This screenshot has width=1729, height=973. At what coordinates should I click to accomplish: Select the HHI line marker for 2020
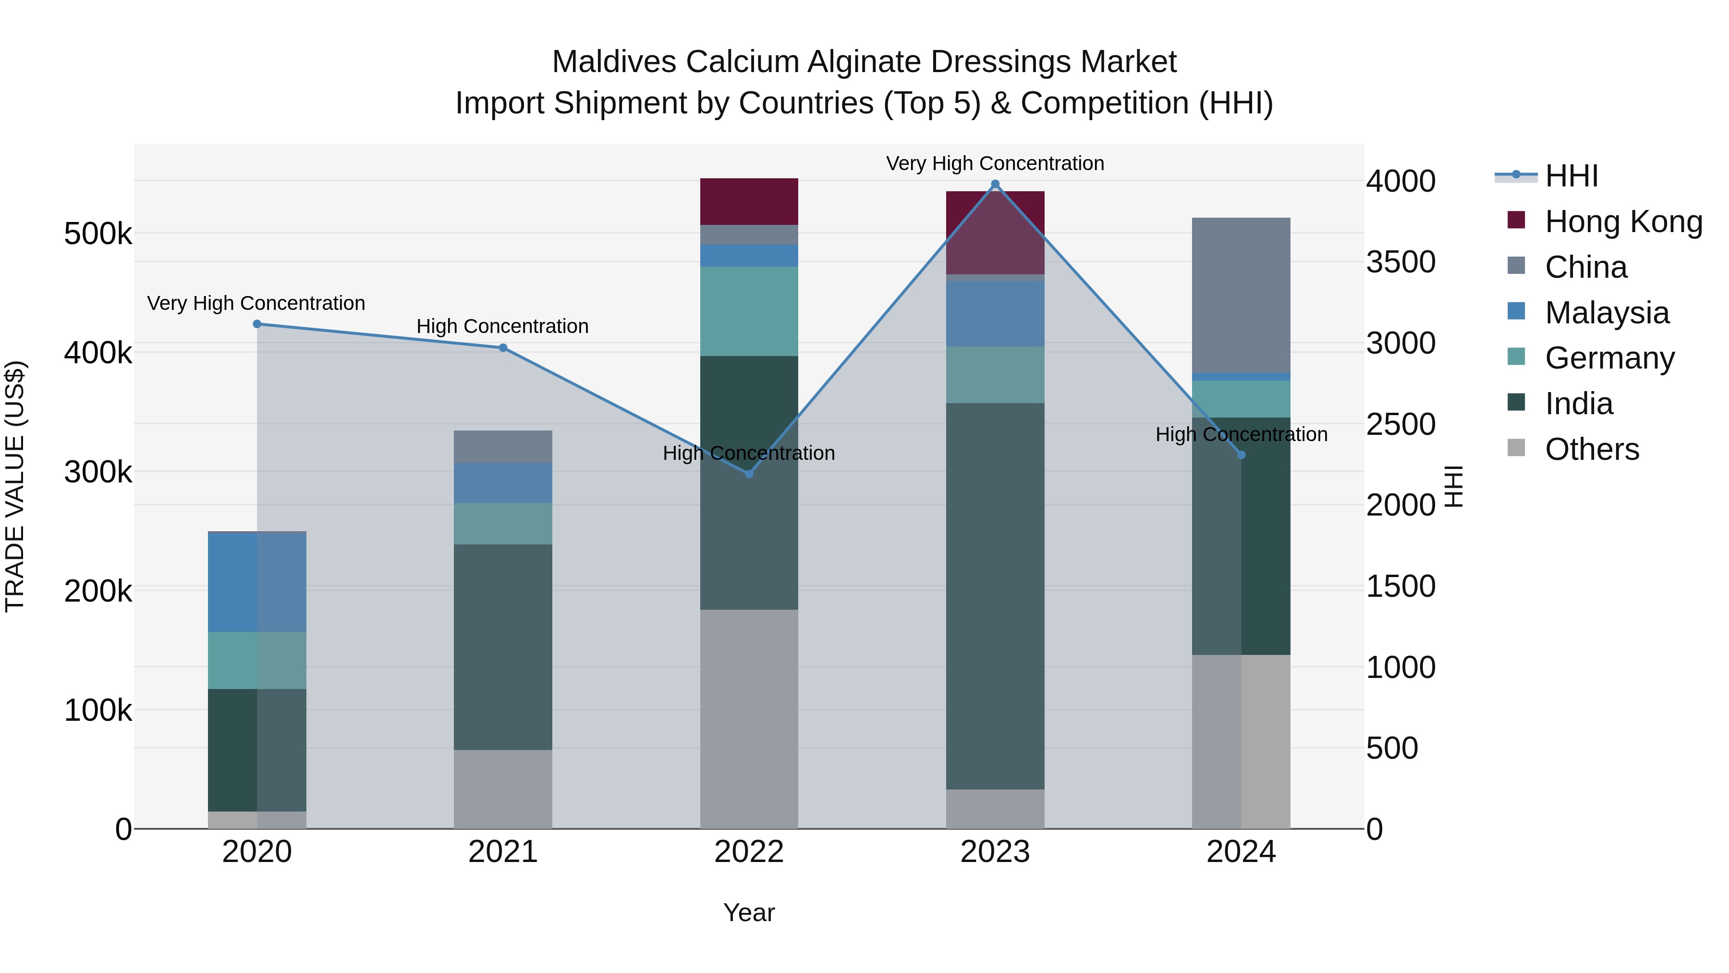point(256,324)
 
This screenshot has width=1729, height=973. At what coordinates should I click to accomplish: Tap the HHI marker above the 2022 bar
point(749,474)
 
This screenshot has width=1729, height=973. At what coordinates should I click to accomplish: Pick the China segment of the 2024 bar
point(1241,296)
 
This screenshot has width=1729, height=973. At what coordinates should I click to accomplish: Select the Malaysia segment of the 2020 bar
point(256,581)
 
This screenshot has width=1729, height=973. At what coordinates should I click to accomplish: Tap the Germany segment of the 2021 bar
point(503,523)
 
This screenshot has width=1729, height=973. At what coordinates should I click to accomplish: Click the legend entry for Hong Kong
point(1623,222)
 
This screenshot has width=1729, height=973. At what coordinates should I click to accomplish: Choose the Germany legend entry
point(1609,358)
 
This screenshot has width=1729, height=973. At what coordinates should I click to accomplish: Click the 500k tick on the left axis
point(98,234)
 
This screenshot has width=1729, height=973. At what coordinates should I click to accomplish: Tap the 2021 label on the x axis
point(503,852)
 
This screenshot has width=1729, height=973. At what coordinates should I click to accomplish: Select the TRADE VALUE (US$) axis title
point(15,486)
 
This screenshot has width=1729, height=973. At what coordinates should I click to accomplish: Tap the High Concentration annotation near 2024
point(1241,434)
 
